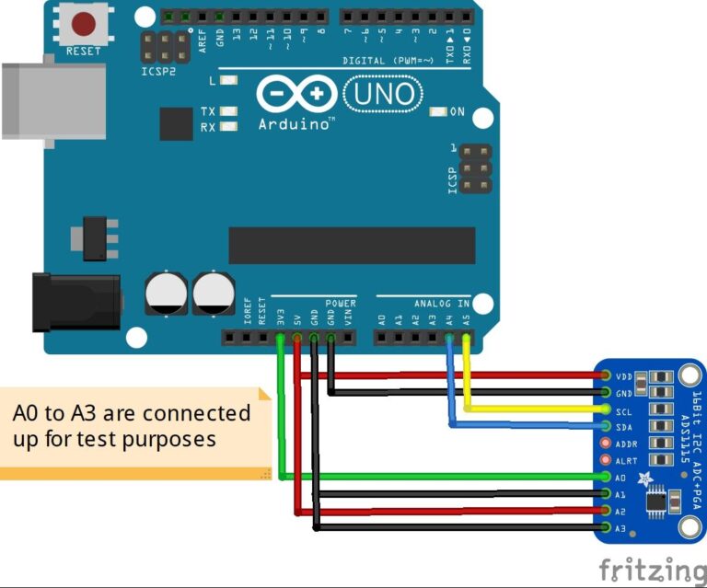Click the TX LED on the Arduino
point(228,112)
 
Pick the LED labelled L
point(228,81)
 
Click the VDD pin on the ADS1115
point(606,375)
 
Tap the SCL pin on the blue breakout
point(606,409)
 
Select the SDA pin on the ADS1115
point(606,426)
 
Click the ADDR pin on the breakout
point(606,443)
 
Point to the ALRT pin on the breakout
point(606,459)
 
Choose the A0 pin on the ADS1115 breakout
point(606,477)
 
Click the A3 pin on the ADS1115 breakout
point(606,527)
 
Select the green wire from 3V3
point(280,414)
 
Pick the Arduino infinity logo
point(295,94)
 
